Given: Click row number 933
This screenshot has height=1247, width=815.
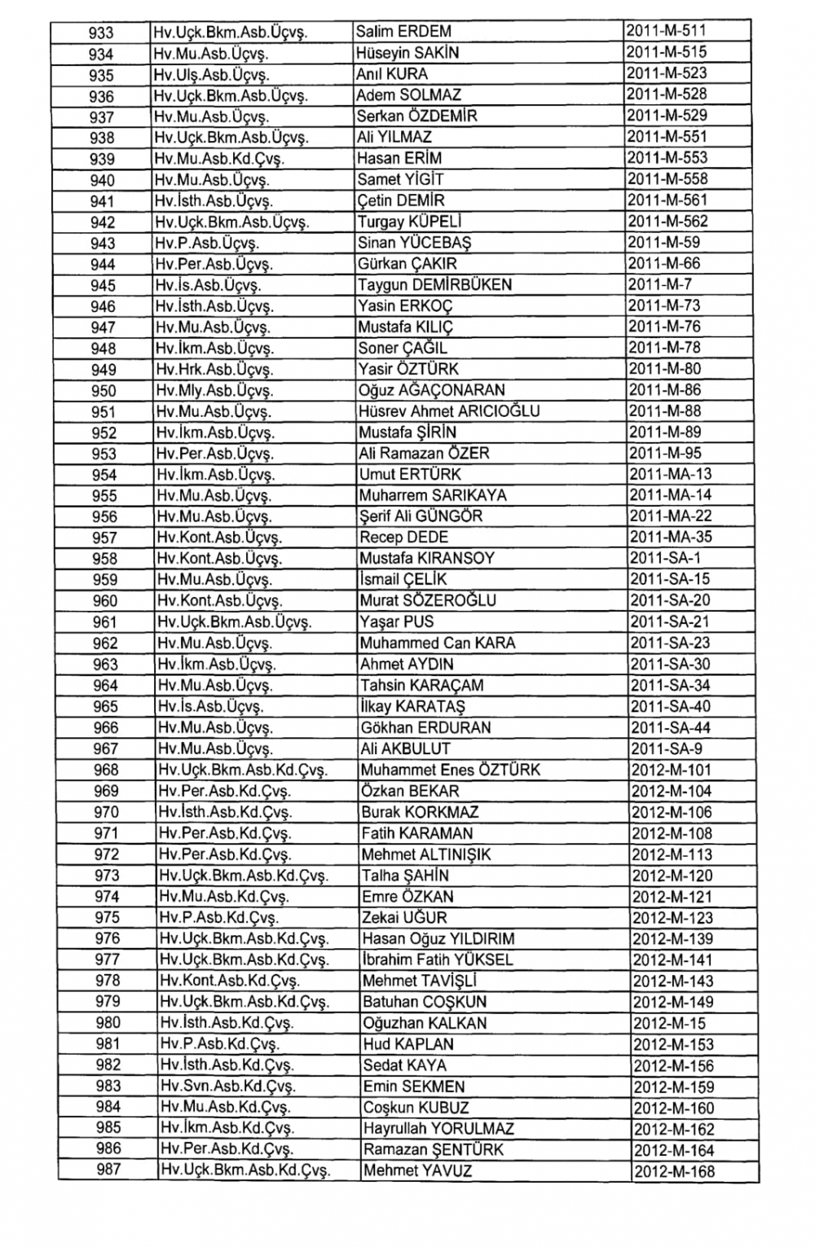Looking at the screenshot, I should point(101,33).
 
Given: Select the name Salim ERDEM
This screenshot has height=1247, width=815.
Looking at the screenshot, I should point(403,32).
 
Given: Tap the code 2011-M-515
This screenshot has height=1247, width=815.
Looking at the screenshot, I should point(666,53).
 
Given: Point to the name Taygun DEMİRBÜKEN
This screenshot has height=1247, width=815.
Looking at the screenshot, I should point(434,285).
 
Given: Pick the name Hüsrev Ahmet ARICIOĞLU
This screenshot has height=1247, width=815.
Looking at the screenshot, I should point(449,411).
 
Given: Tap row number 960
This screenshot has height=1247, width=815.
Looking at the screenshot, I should point(105,601).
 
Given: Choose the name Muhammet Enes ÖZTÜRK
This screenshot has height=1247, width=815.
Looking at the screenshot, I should point(451,771).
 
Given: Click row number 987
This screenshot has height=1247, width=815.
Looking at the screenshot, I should point(108,1170).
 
